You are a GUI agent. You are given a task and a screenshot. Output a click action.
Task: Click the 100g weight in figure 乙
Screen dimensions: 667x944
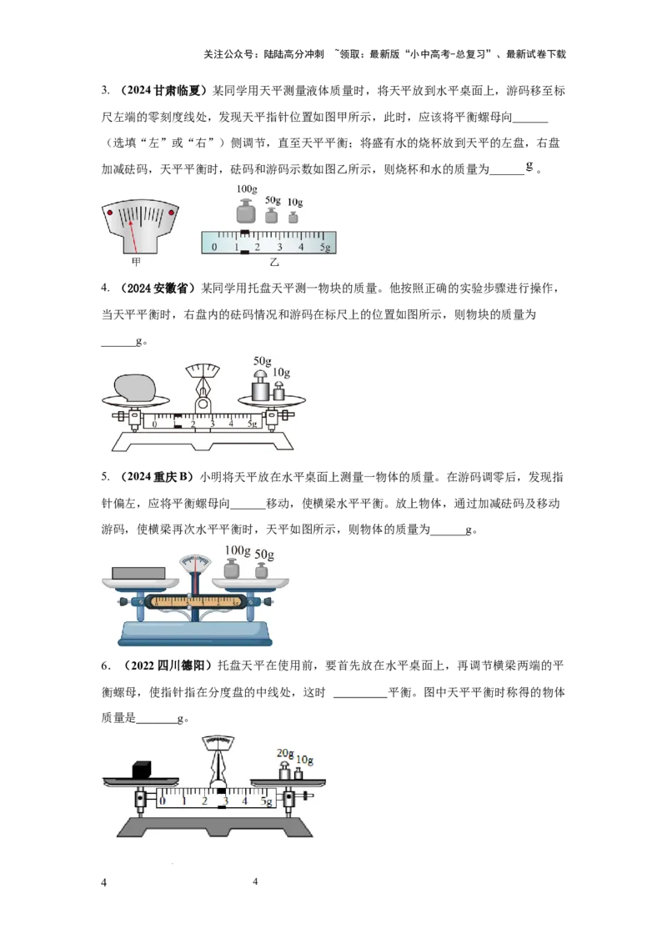[x=246, y=211]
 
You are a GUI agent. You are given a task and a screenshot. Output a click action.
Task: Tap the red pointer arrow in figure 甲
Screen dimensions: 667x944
[x=132, y=236]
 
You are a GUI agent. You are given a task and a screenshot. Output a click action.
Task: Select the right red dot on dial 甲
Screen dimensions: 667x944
[x=172, y=212]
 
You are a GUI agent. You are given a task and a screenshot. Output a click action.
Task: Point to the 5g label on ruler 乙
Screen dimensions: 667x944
[x=325, y=247]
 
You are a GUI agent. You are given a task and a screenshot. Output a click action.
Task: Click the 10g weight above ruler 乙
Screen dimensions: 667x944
[x=293, y=216]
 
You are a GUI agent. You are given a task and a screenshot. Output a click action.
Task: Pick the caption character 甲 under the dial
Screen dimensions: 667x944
[x=136, y=261]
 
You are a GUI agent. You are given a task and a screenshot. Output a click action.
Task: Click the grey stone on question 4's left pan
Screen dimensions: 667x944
[x=135, y=387]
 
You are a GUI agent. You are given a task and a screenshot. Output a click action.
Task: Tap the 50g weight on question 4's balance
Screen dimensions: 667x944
[x=260, y=385]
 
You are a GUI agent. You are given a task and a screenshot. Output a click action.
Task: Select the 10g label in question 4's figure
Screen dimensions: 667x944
[x=281, y=373]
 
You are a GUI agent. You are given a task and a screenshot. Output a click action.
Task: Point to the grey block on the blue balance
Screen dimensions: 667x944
[x=138, y=573]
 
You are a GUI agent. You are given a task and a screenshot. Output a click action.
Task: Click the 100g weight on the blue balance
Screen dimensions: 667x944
[x=231, y=569]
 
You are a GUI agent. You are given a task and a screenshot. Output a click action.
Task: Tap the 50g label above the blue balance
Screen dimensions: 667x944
[x=264, y=555]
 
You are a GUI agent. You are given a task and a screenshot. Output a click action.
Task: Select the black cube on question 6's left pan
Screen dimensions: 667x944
[x=142, y=770]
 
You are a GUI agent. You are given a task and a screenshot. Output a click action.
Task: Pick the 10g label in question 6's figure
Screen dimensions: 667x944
[x=305, y=760]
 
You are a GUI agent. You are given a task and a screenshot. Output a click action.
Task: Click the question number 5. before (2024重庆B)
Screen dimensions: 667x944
[x=105, y=477]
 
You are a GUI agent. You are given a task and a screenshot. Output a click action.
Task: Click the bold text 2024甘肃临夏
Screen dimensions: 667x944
[x=163, y=90]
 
